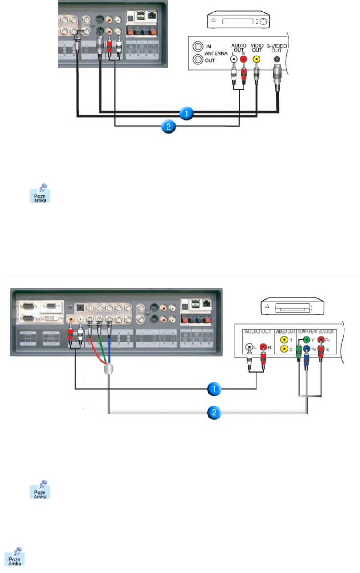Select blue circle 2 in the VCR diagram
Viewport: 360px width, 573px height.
168,127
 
